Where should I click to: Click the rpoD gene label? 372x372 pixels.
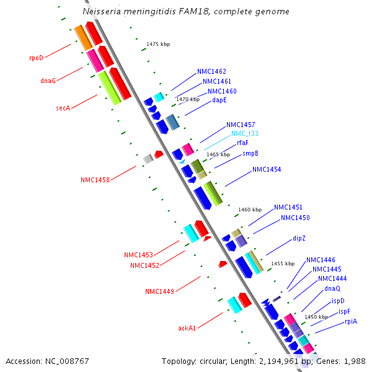36,58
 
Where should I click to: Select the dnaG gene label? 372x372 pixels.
48,80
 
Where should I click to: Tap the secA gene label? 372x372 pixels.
63,107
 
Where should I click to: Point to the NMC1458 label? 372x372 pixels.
95,180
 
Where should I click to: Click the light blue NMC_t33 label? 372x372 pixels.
245,133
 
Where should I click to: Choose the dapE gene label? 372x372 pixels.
219,100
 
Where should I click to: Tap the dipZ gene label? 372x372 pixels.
299,238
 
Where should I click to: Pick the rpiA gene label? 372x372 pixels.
351,321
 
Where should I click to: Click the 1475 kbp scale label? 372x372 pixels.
158,44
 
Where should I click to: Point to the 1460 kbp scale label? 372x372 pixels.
250,210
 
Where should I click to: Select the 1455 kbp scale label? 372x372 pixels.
282,263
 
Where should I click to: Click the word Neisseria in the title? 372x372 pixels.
104,12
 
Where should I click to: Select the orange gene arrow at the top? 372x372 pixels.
82,38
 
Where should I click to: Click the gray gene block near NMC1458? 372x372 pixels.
148,159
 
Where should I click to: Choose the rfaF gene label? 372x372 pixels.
242,143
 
